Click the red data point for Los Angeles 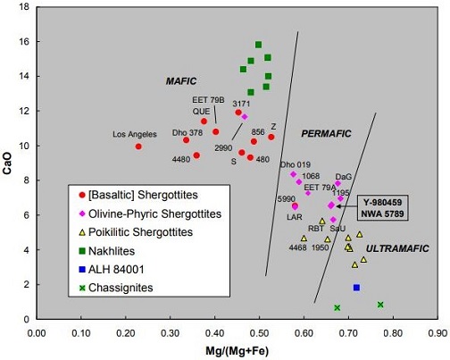click(138, 147)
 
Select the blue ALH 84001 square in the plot click(356, 288)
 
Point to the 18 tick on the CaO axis click(25, 7)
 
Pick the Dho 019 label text click(296, 164)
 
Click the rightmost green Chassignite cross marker click(380, 305)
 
